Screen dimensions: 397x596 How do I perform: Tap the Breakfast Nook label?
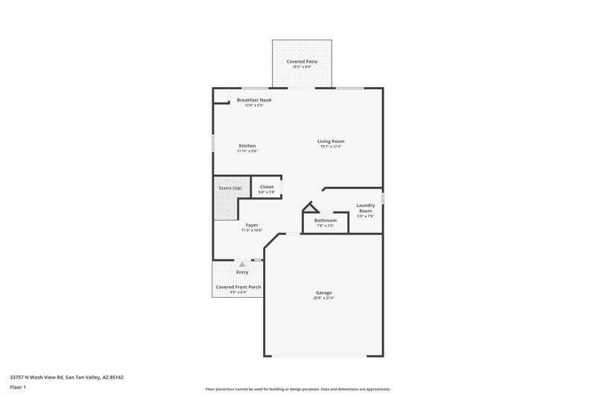click(254, 100)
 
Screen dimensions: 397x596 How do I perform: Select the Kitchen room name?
click(247, 145)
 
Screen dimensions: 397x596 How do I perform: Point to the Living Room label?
click(331, 141)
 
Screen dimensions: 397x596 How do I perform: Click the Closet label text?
click(267, 186)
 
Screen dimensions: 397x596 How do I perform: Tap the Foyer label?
click(252, 225)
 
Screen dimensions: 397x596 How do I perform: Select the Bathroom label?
click(326, 220)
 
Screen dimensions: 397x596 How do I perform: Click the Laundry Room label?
click(365, 208)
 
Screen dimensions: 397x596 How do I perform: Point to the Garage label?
click(323, 293)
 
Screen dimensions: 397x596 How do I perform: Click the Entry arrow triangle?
click(241, 264)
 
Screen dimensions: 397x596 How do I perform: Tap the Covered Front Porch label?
click(238, 287)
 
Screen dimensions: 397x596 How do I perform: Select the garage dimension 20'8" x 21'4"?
click(323, 298)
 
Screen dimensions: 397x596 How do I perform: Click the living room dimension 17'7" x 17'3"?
click(331, 146)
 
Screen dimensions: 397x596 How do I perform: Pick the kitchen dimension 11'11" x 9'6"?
click(247, 150)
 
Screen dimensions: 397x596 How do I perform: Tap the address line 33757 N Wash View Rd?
click(66, 377)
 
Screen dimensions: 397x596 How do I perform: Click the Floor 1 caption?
click(19, 388)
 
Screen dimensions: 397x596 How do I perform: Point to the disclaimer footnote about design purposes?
click(297, 389)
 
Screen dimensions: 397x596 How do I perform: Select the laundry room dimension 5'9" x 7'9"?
click(365, 217)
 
